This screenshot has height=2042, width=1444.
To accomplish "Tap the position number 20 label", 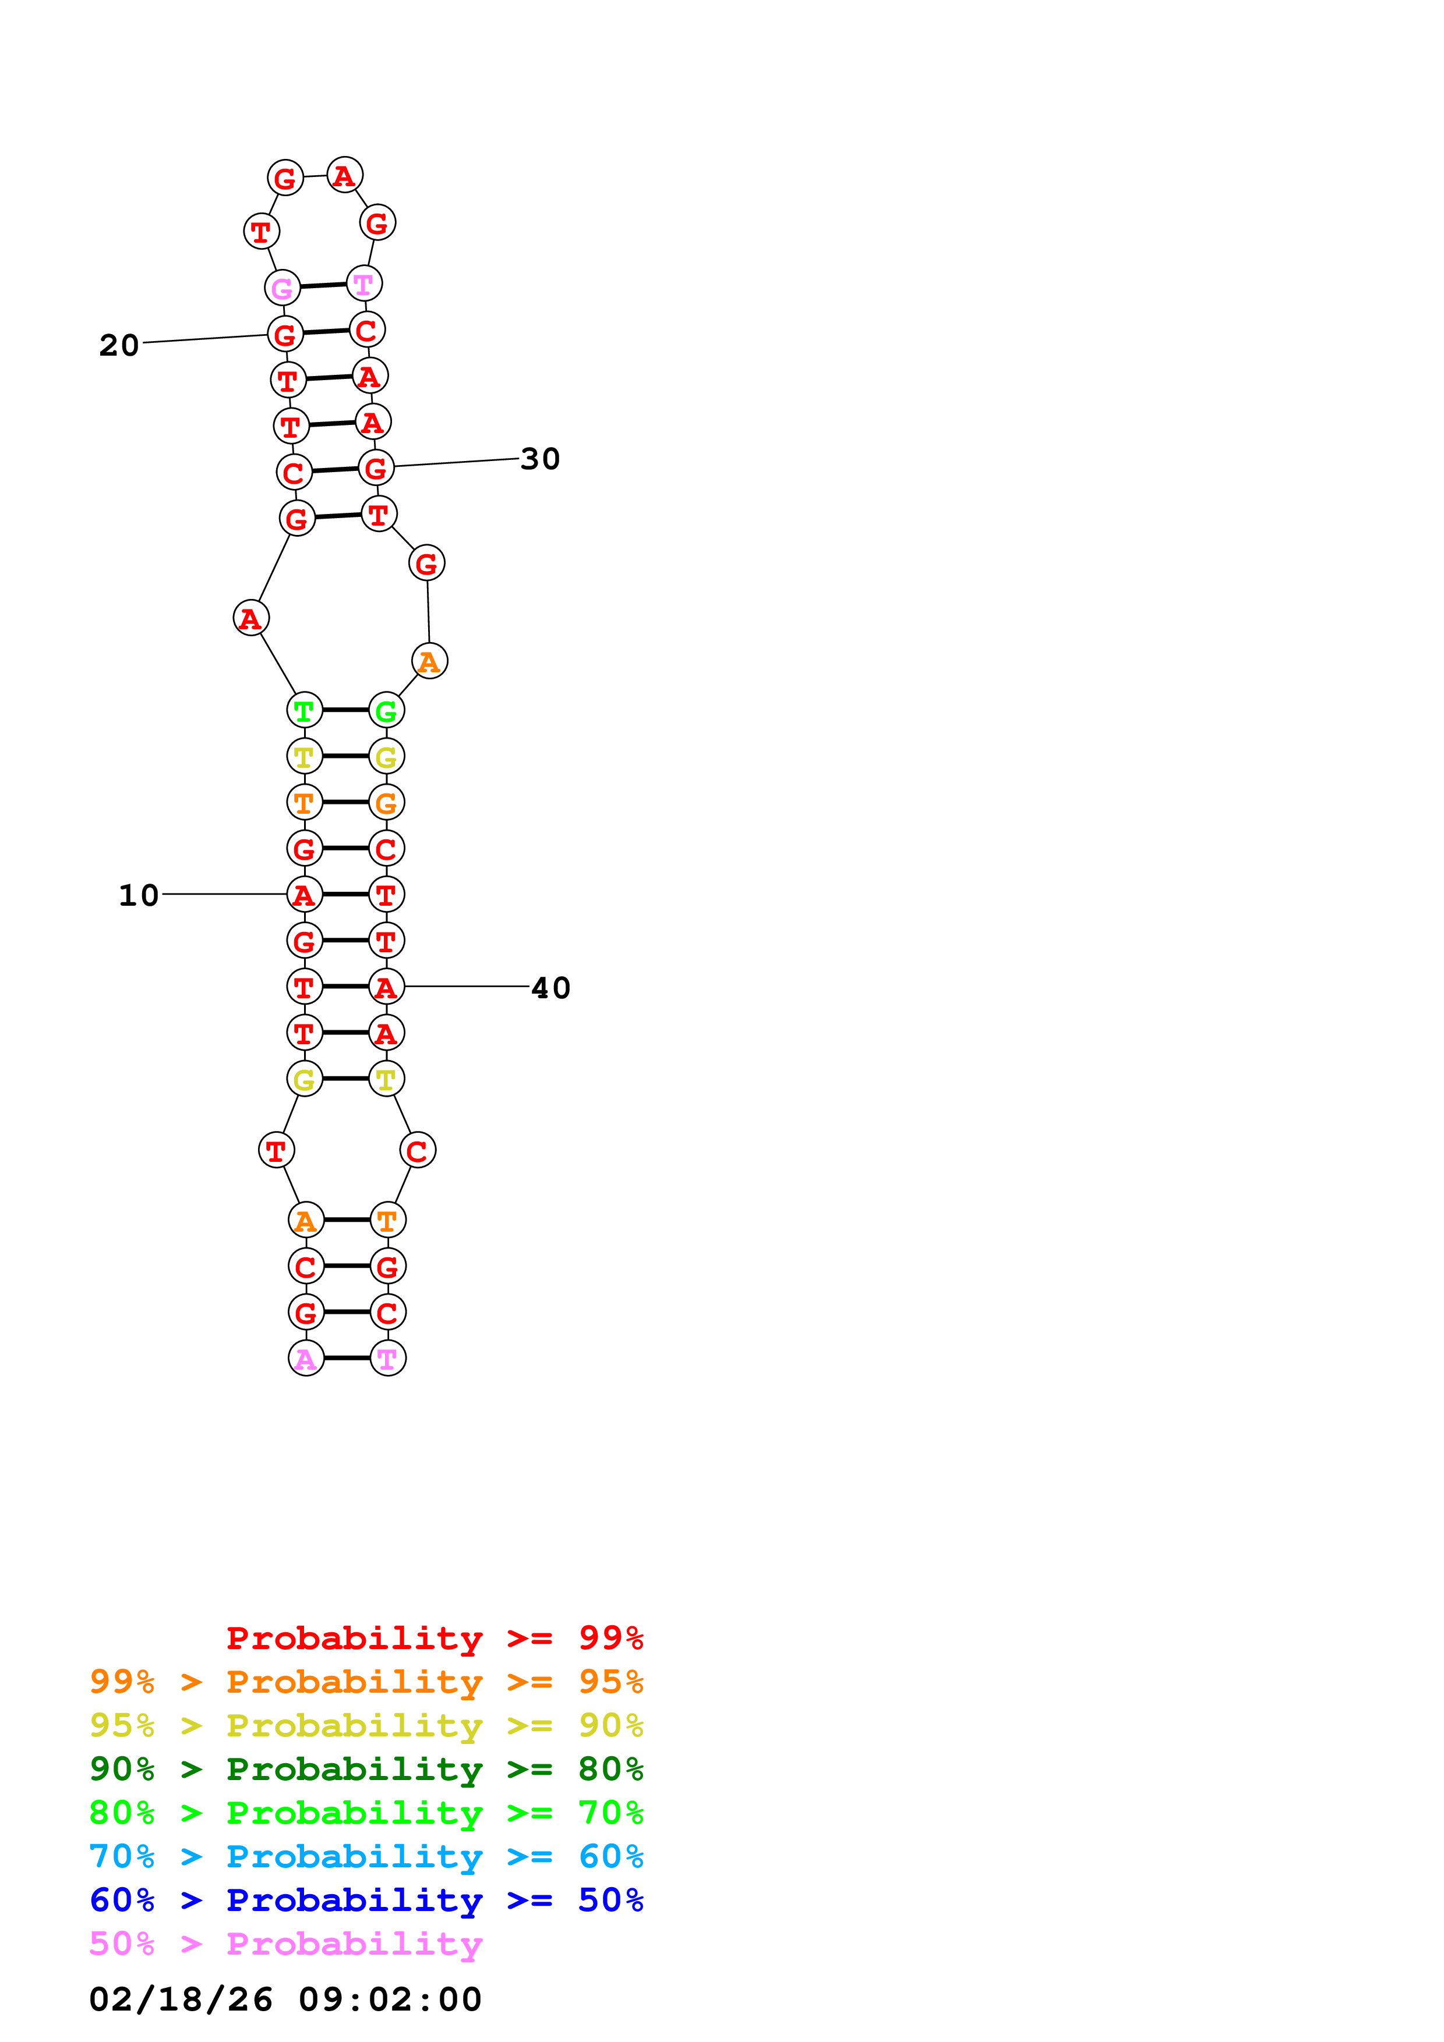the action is [x=119, y=345].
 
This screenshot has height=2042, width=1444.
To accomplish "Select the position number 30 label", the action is [x=540, y=459].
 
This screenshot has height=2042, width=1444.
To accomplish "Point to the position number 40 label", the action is [x=550, y=988].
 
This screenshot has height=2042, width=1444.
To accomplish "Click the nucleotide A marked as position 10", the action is [x=304, y=895].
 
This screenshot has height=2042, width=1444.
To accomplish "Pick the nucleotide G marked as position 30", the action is [x=376, y=468].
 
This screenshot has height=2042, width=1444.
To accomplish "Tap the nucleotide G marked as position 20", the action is [x=285, y=334].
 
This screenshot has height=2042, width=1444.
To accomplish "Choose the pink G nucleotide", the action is [x=282, y=288].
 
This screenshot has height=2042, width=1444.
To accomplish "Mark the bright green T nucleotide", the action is [x=304, y=711].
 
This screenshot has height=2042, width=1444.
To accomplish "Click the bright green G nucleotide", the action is [x=386, y=711].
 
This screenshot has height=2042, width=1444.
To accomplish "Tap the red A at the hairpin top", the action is [x=344, y=175].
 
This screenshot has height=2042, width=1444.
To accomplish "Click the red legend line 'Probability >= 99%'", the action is [x=434, y=1638].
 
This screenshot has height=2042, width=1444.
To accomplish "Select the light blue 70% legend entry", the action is [x=366, y=1856].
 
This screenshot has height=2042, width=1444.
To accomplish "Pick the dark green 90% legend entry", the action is [x=366, y=1769].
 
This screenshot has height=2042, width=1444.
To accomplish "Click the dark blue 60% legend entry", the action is [x=366, y=1900].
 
